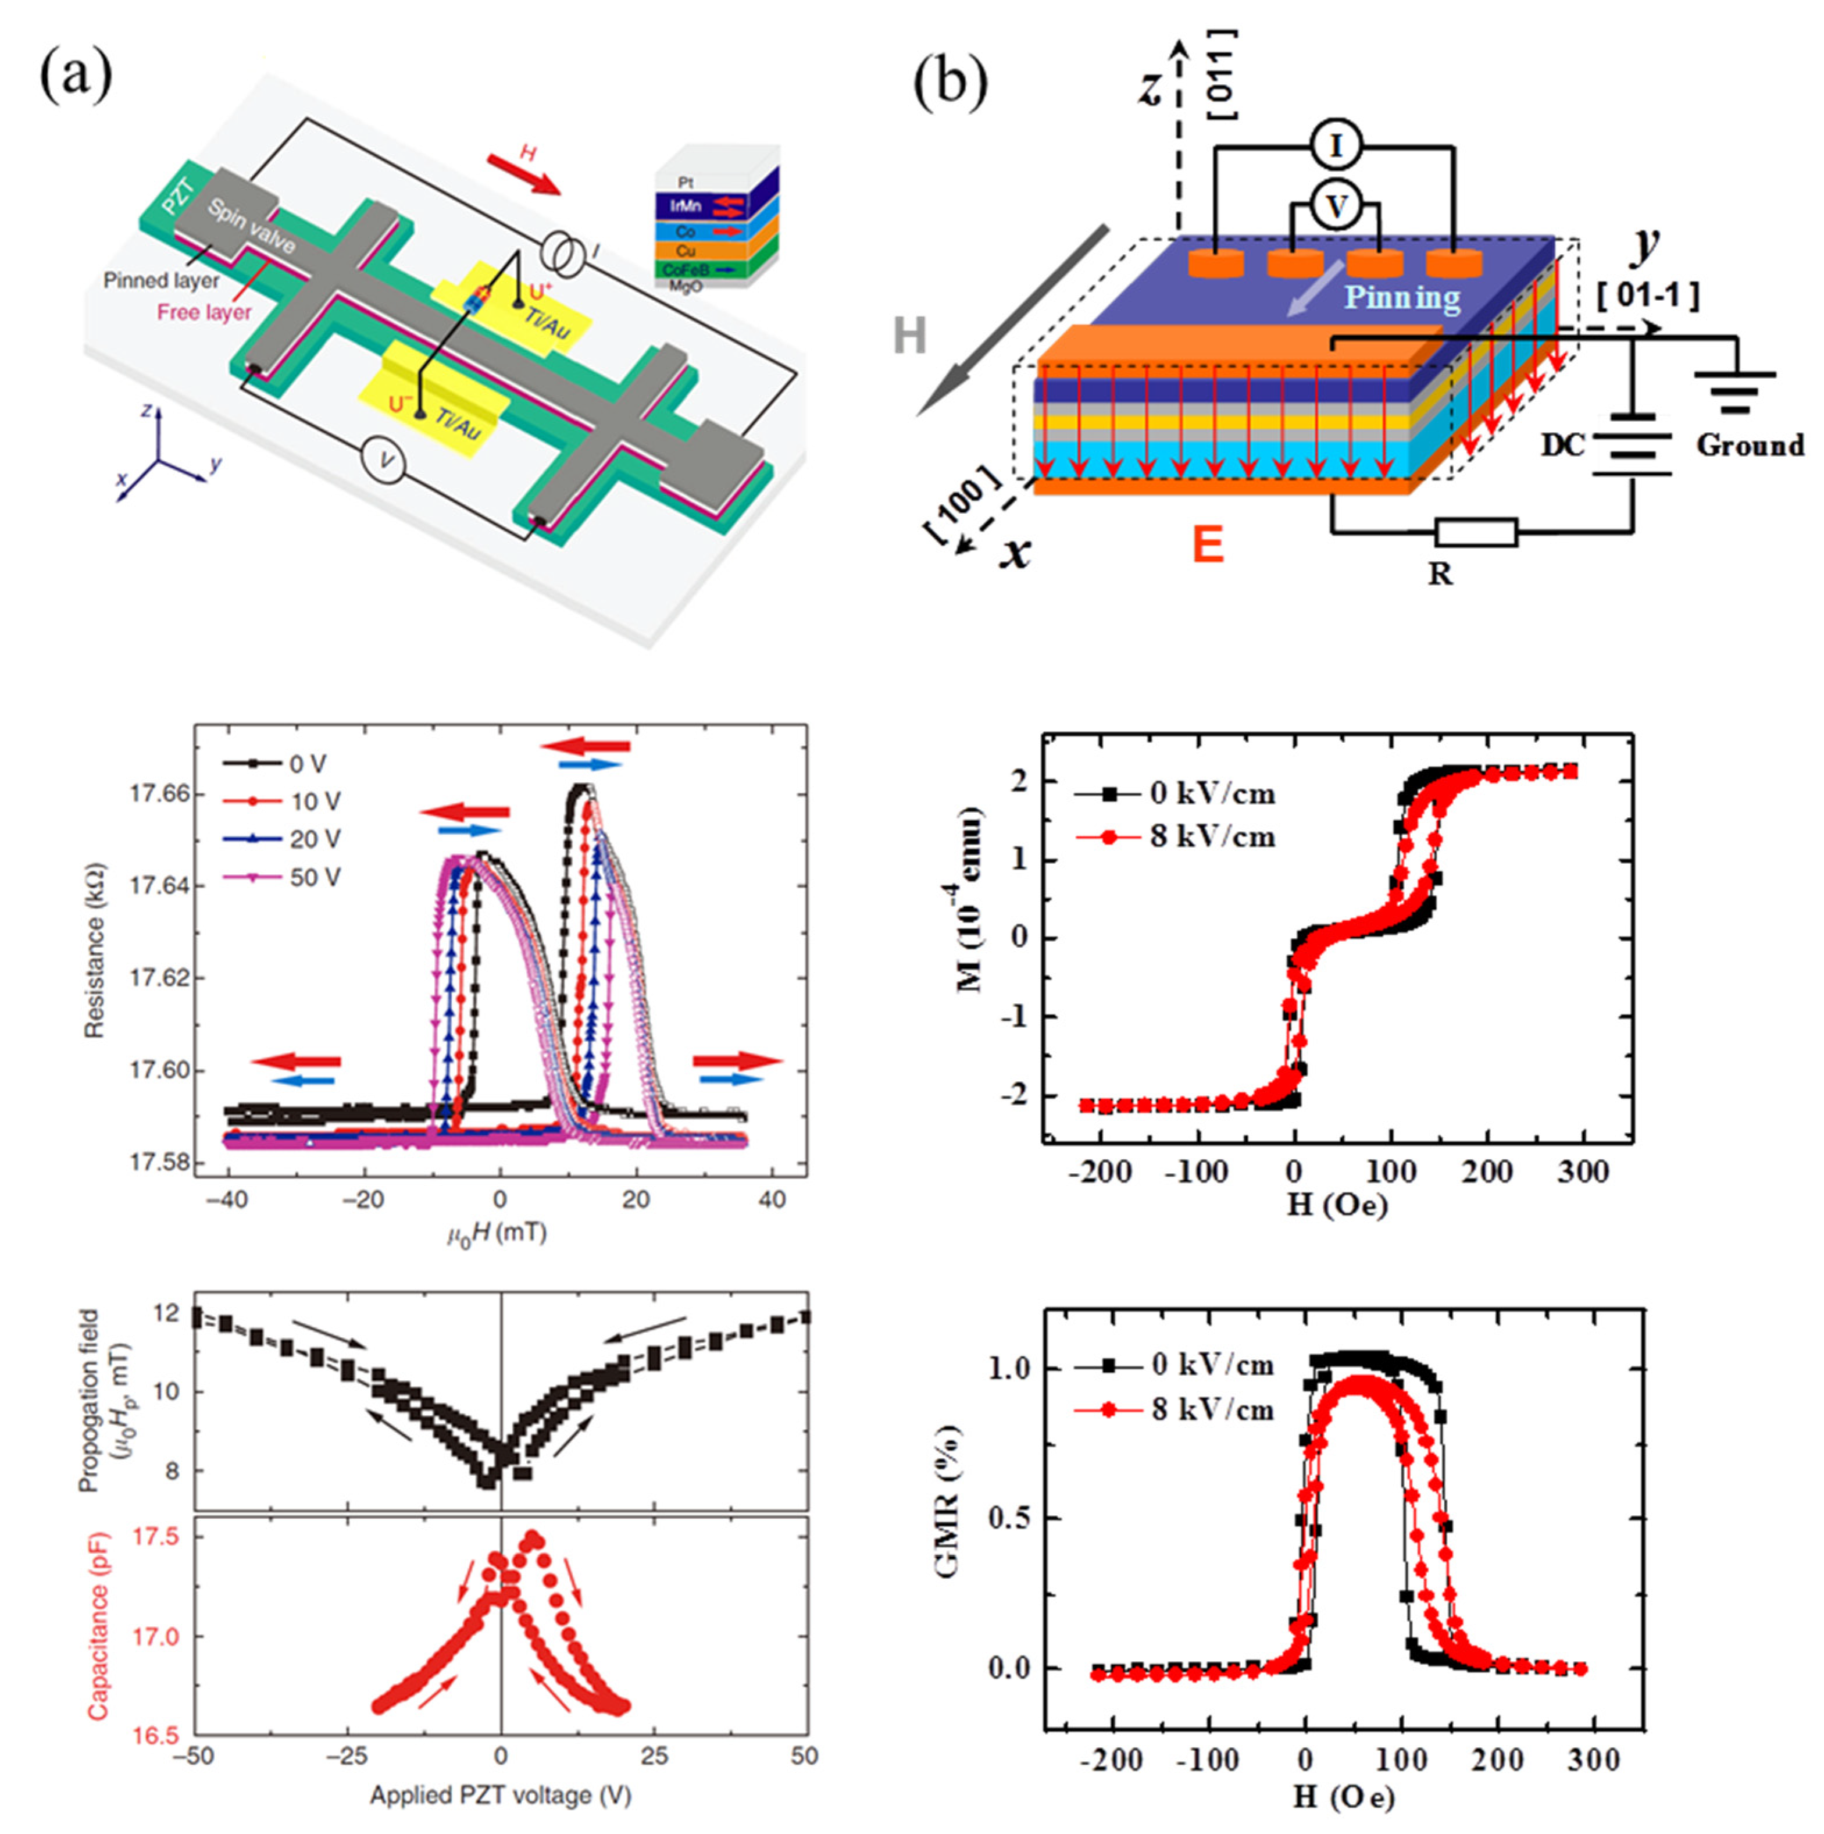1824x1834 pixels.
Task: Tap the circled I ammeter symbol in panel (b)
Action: [1336, 146]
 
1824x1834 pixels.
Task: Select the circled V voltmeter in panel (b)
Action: [1336, 205]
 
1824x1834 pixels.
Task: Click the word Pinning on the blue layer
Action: [1402, 298]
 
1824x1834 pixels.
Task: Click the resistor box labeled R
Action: [1476, 533]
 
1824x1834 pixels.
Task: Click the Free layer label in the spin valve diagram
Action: [204, 312]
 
